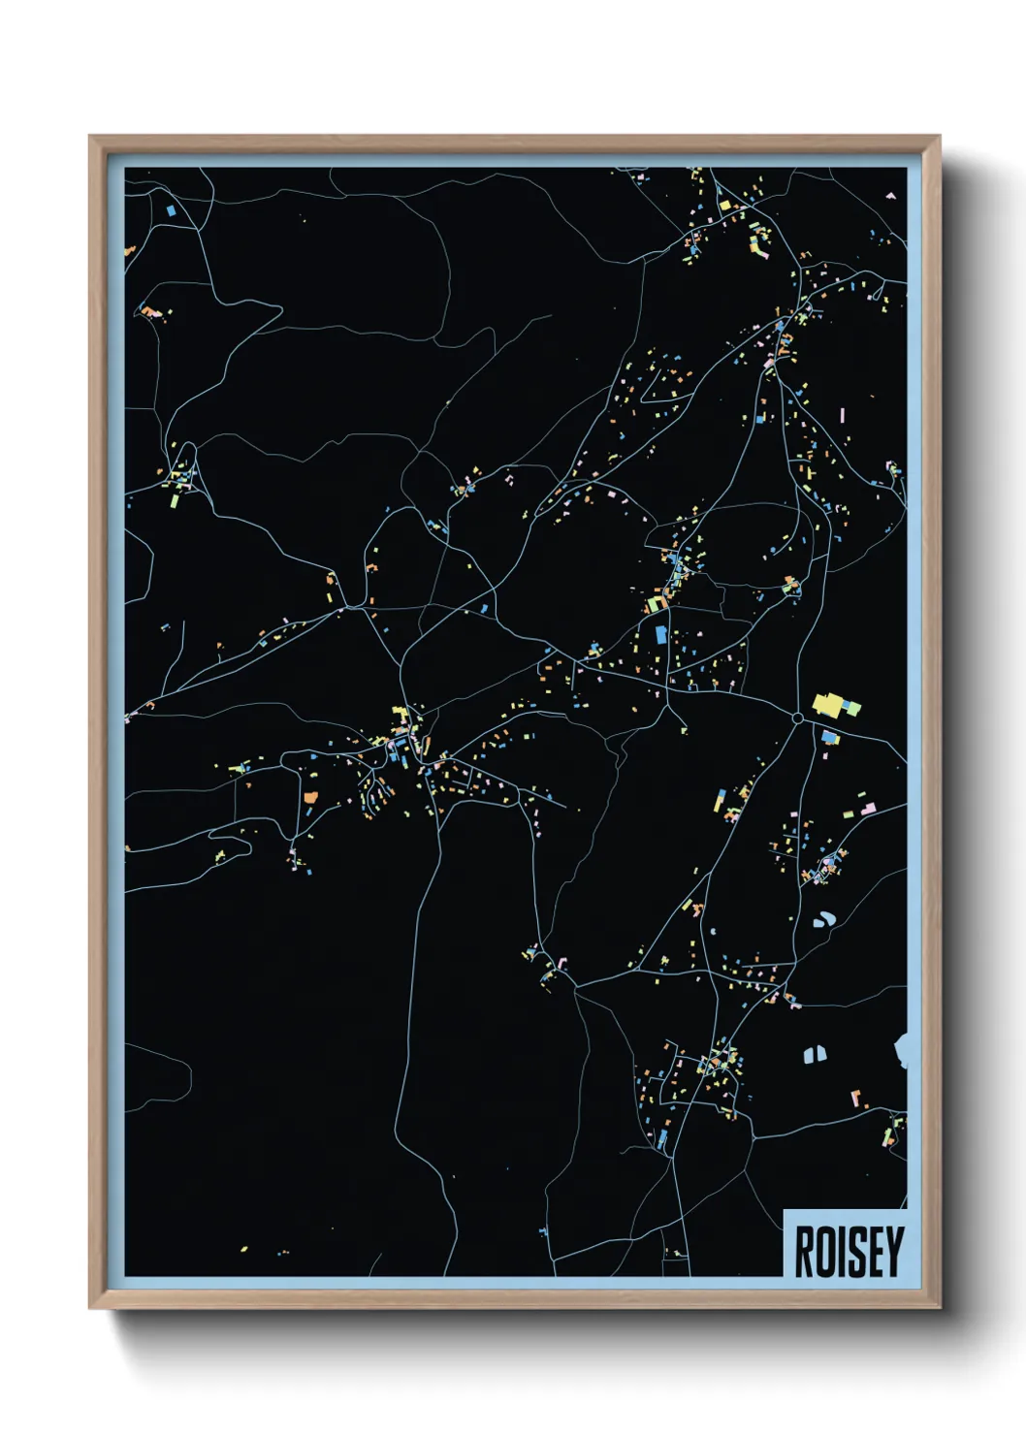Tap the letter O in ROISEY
(827, 1252)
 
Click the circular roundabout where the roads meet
(797, 717)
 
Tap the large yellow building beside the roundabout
(827, 703)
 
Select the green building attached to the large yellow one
(851, 709)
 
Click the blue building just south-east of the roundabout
(829, 738)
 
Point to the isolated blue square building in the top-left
(172, 209)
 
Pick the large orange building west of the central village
(311, 796)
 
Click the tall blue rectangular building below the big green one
(661, 634)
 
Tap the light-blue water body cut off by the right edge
(901, 1049)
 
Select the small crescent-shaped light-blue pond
(826, 919)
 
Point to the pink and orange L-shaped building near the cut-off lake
(857, 1099)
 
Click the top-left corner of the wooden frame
(89, 137)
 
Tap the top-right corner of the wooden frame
(939, 137)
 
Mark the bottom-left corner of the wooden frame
(89, 1308)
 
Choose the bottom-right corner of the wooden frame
(939, 1308)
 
